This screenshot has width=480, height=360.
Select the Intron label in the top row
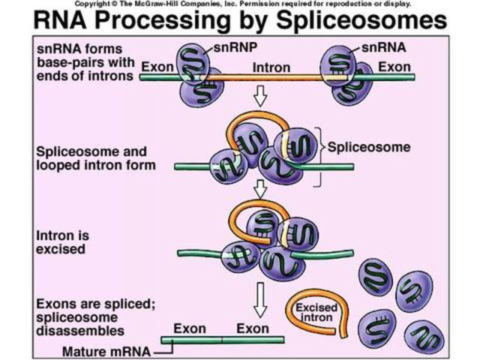(272, 68)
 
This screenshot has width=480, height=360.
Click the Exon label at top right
(393, 67)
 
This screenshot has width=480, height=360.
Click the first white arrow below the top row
(259, 96)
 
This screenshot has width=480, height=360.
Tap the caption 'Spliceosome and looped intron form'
(95, 157)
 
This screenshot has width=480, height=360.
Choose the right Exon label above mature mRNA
(252, 328)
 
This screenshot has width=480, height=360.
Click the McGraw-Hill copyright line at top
(240, 4)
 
